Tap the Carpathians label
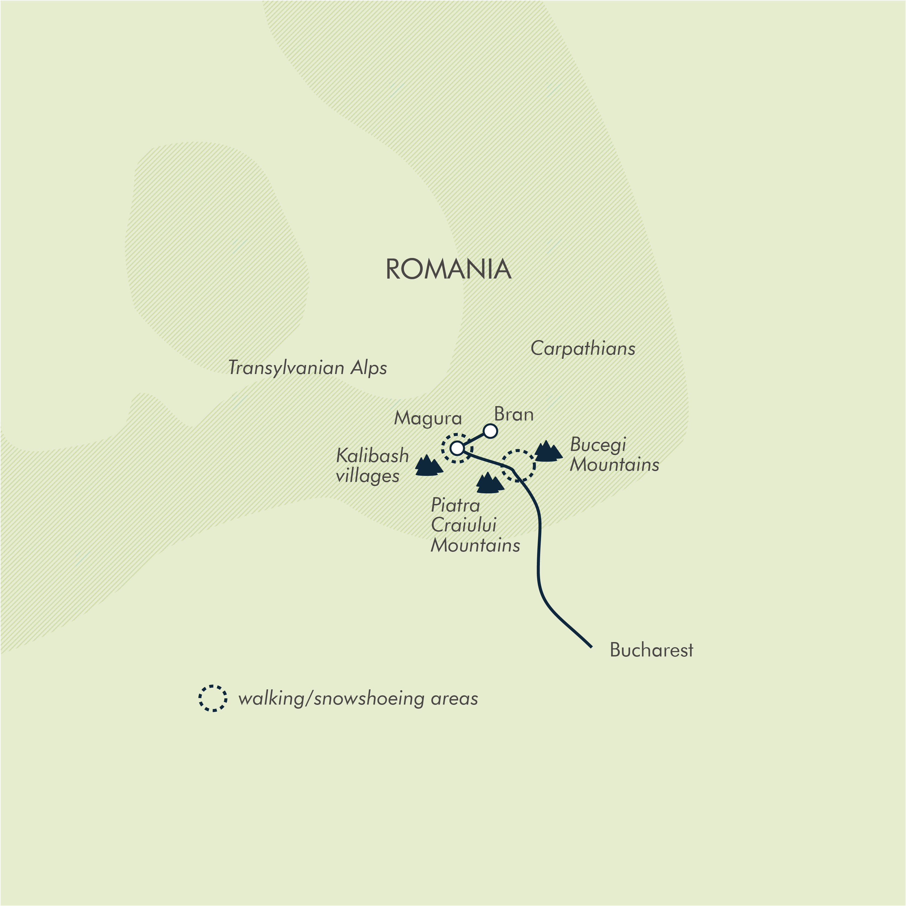click(x=583, y=348)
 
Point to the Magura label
click(x=428, y=418)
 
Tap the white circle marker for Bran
click(x=490, y=431)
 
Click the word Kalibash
click(x=372, y=456)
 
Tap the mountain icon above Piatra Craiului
click(x=489, y=483)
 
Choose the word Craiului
click(x=463, y=525)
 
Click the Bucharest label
click(x=651, y=650)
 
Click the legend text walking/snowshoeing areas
click(x=358, y=699)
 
